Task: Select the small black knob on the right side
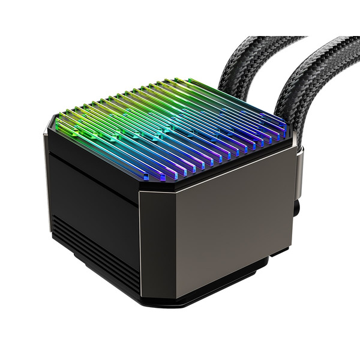[296, 209]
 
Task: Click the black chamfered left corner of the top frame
[49, 129]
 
